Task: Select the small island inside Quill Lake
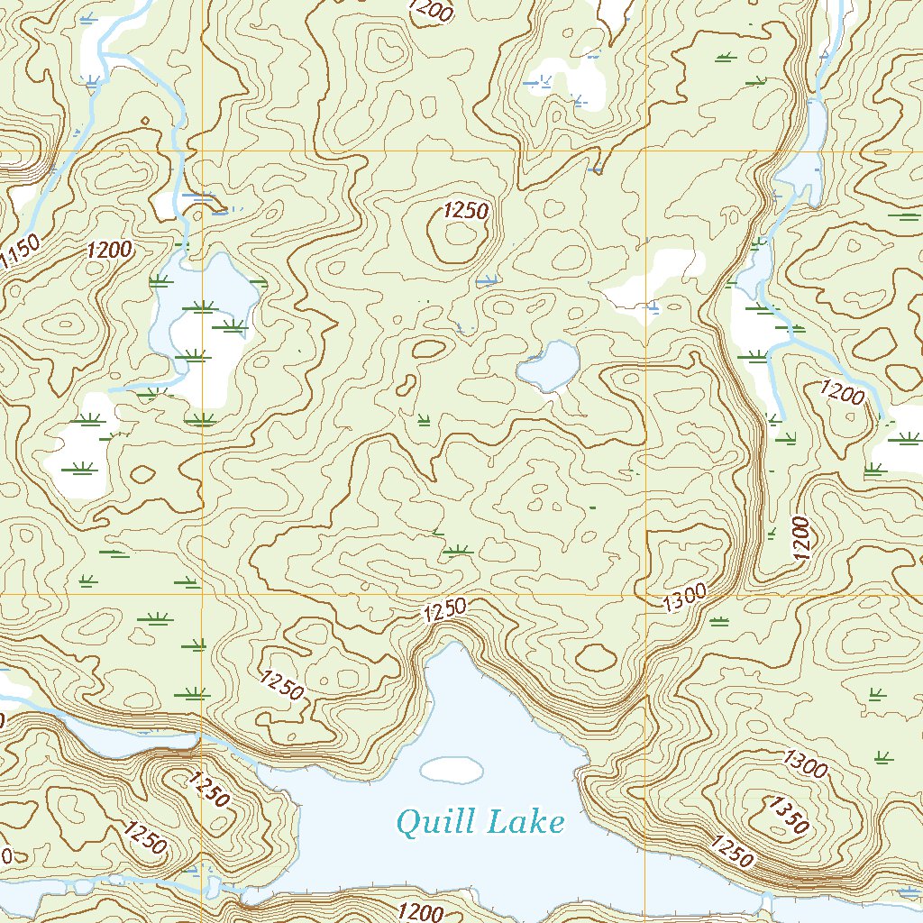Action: click(452, 769)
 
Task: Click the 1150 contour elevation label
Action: click(20, 251)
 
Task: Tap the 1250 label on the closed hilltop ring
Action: click(465, 212)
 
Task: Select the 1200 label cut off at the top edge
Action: click(431, 9)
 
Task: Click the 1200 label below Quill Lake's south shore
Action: click(419, 911)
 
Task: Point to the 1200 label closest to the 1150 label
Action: click(110, 250)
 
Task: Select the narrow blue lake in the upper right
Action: click(805, 153)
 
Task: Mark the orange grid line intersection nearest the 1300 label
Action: click(646, 595)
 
